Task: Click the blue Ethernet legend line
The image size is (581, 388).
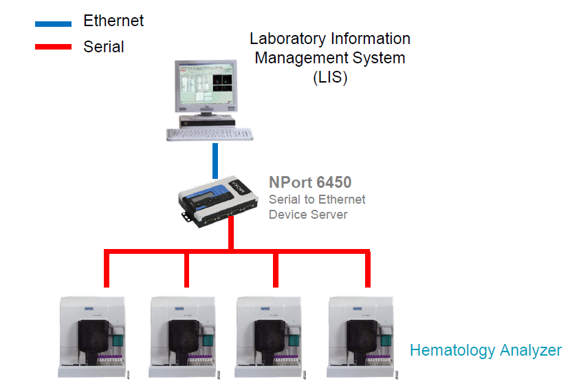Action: click(53, 24)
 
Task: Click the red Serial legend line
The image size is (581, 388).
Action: click(53, 47)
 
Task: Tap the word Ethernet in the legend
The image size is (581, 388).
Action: click(113, 21)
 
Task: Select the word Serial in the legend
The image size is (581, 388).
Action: click(104, 47)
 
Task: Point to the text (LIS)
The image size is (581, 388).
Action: click(330, 77)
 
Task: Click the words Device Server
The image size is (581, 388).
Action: click(308, 215)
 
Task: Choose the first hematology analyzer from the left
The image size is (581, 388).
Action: click(94, 336)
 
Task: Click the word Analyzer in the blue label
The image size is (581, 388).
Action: click(530, 351)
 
